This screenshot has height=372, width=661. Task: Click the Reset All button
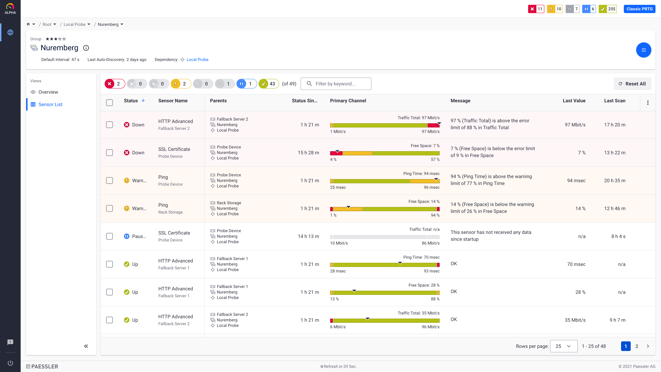coord(632,84)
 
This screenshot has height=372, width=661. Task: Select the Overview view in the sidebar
coord(48,92)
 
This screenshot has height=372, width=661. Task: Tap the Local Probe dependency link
coord(197,60)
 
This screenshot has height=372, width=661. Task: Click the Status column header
coord(131,101)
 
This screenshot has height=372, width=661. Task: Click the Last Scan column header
coord(615,101)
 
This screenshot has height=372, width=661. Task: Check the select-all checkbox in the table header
coord(110,103)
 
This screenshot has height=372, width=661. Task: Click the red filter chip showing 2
coord(114,84)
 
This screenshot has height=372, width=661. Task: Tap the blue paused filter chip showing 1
coord(246,84)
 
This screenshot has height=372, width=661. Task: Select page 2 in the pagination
coord(637,346)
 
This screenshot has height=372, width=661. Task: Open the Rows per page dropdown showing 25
coord(564,346)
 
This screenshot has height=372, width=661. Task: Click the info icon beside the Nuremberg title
coord(86,48)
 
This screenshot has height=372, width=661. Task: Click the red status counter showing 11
coord(536,9)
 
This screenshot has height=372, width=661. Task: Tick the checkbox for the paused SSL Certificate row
coord(110,236)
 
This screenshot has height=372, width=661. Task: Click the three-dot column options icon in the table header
coord(648,103)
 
